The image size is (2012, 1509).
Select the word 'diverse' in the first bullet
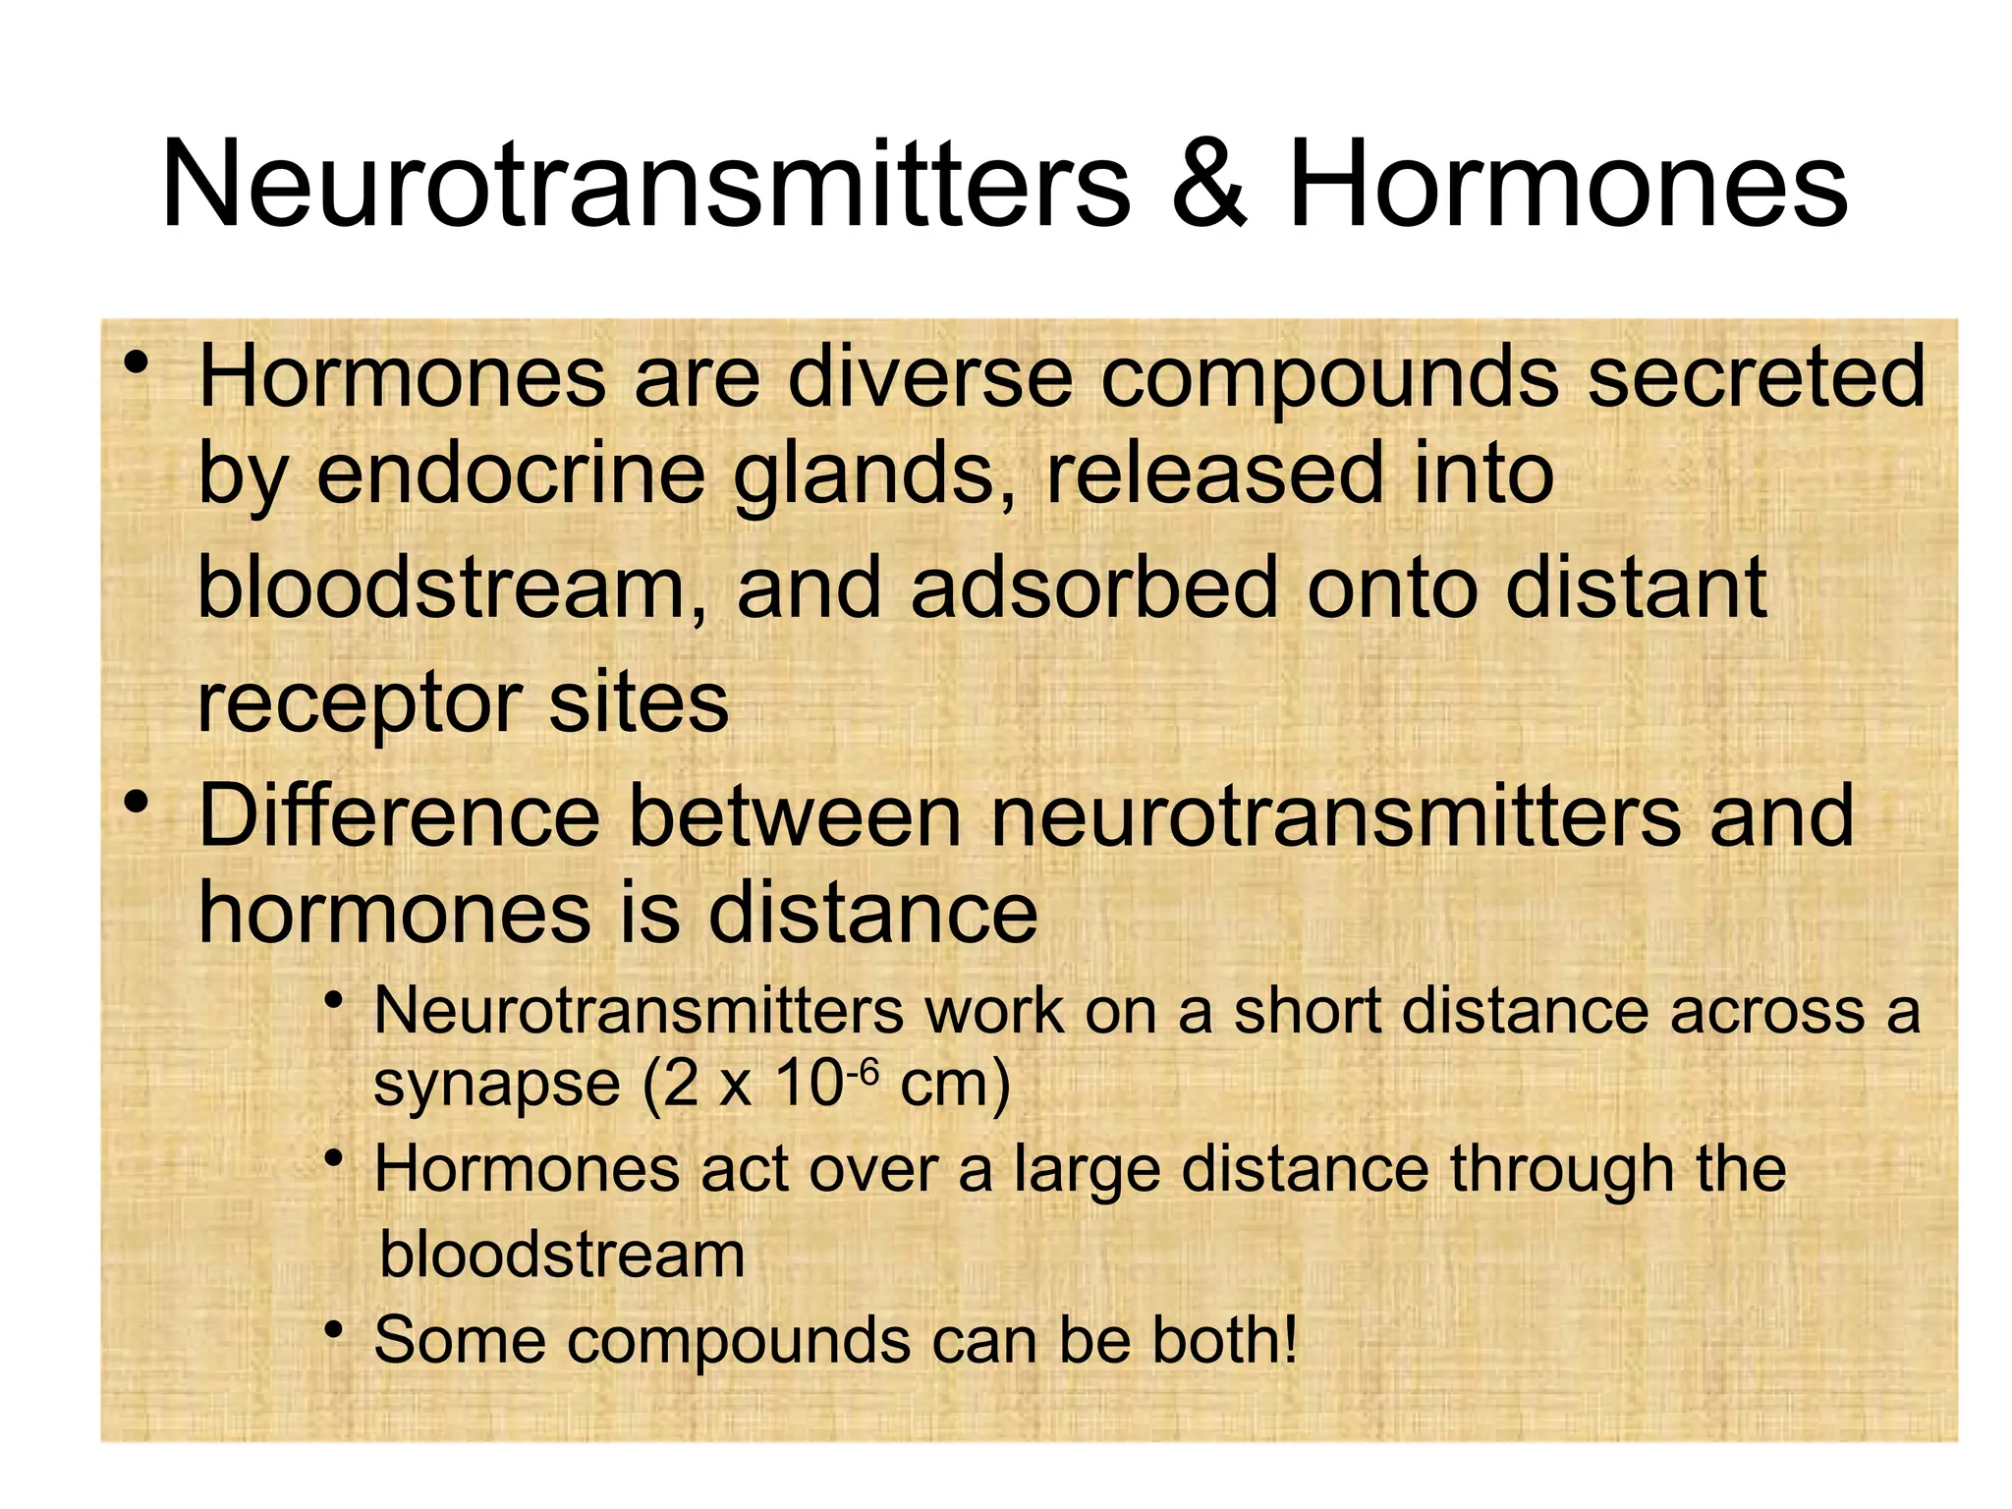[x=929, y=377]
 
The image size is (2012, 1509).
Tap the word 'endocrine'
[x=511, y=474]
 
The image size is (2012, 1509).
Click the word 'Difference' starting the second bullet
[x=399, y=817]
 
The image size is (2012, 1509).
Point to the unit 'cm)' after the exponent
[x=955, y=1085]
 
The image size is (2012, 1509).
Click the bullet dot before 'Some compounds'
[x=335, y=1331]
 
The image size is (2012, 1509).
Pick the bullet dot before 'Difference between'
[x=137, y=804]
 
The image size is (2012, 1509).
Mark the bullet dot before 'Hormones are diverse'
[x=137, y=363]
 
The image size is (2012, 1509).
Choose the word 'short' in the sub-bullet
[x=1308, y=1011]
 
